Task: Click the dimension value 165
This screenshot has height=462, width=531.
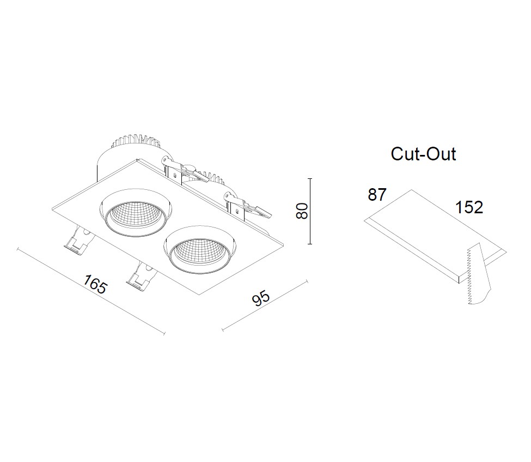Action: coord(96,284)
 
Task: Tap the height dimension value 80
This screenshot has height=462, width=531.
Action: coord(302,211)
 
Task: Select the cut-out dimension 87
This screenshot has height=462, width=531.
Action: coord(377,195)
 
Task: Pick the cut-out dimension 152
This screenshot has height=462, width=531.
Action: coord(469,207)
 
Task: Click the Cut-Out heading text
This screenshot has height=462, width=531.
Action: coord(423,154)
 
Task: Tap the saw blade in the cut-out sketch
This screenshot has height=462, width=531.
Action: coord(478,274)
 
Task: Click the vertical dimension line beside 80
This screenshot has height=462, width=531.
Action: coord(310,211)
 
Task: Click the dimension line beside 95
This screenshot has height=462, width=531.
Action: coord(265,305)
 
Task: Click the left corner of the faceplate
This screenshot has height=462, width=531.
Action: coord(52,208)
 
